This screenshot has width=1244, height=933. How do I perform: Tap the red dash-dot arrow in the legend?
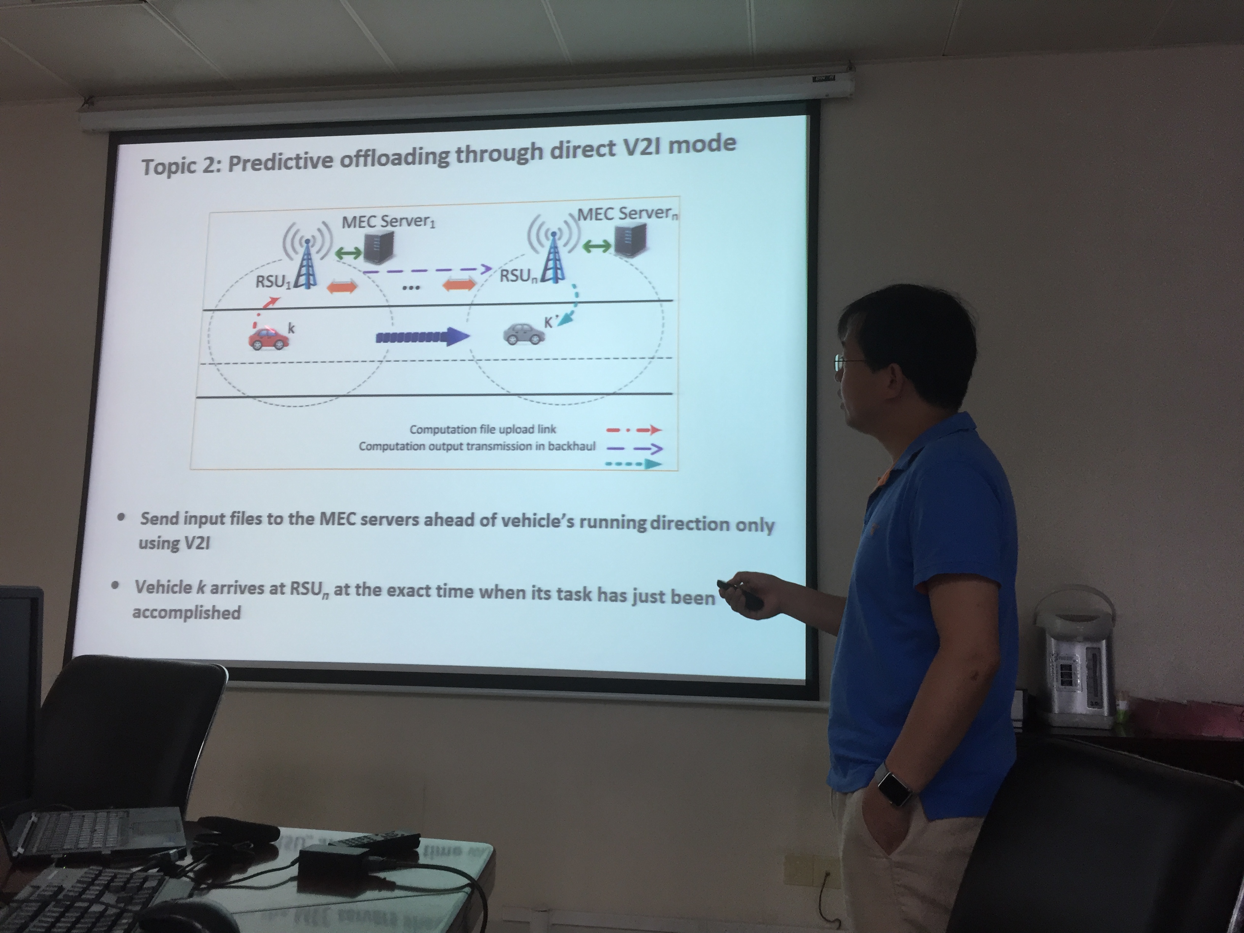click(x=634, y=431)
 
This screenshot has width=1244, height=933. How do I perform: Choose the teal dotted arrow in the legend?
click(x=634, y=465)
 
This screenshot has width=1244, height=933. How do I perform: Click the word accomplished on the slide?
click(x=187, y=612)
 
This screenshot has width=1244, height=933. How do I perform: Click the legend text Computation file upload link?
click(x=483, y=430)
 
